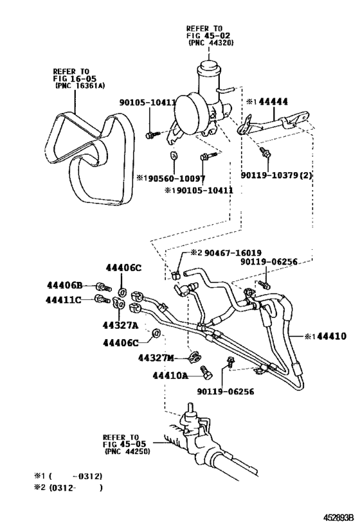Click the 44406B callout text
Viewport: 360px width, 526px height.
click(65, 285)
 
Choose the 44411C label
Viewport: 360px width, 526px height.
click(65, 299)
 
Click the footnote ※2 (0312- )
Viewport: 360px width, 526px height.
click(67, 487)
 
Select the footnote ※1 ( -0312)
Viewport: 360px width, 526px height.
click(67, 476)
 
